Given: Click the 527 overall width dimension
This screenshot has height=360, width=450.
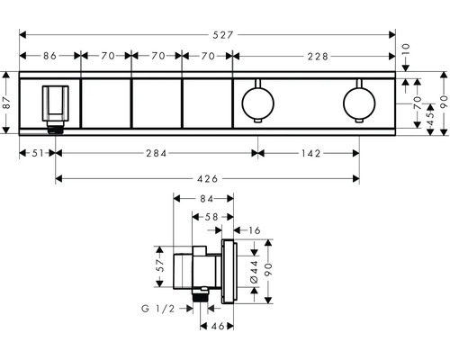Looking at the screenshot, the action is pos(222,35).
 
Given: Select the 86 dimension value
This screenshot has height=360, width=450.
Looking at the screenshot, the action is pos(49,56).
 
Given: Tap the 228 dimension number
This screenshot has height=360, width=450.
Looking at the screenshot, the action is pos(318,56).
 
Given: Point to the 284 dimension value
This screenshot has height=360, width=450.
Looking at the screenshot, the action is pos(156,153).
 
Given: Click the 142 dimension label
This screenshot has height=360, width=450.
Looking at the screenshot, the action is pos(311,153).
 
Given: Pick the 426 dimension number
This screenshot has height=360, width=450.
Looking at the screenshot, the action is pos(207,179).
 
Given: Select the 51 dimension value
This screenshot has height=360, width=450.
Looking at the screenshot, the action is pos(38,153).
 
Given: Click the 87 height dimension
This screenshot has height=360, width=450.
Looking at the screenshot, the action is pos(6,103).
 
